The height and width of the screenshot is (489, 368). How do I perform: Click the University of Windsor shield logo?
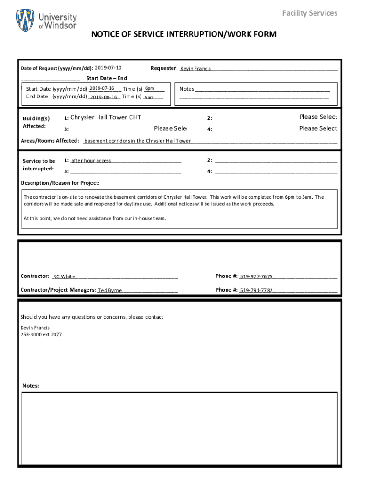point(25,20)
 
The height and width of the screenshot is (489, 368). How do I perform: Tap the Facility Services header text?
point(310,13)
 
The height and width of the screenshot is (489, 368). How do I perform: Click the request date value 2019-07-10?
point(108,68)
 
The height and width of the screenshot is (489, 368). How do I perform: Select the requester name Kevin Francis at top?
point(195,69)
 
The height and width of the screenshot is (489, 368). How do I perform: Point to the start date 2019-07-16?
point(102,88)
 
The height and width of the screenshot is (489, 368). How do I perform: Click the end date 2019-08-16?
point(104,97)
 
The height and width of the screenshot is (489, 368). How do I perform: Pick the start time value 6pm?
point(150,88)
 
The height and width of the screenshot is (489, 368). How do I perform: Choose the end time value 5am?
point(149,97)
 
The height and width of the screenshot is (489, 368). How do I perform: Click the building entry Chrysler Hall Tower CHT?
point(106,117)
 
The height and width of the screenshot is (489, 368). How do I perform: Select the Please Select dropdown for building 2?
point(318,117)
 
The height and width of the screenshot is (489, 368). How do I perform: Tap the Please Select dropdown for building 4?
point(318,128)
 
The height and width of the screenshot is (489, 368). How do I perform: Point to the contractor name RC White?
point(64,276)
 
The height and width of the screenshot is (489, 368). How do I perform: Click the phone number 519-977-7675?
point(256,276)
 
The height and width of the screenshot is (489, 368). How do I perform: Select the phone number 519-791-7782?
point(256,290)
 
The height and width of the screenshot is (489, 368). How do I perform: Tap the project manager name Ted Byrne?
point(110,290)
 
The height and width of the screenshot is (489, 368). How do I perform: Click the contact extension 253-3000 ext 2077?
point(41,335)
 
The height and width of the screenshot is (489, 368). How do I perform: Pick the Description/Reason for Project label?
point(60,183)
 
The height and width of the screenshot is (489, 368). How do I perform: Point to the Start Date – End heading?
point(107,78)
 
